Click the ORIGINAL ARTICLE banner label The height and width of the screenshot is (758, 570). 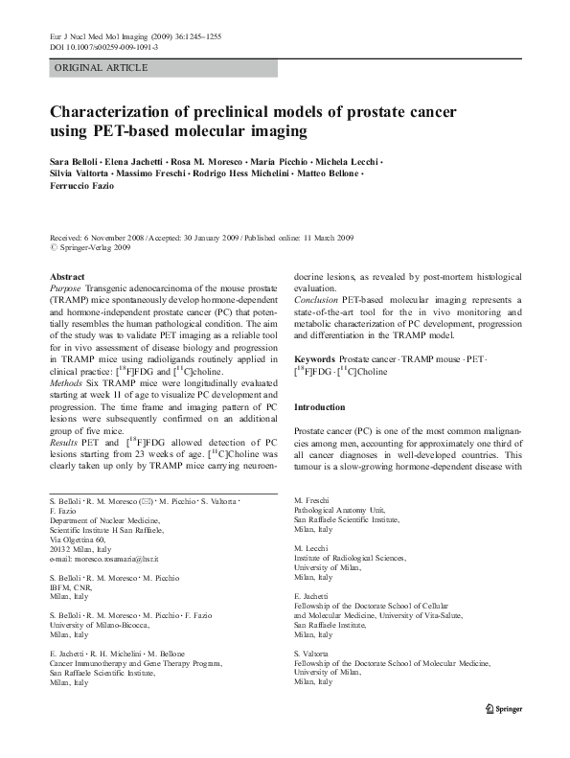pyautogui.click(x=102, y=67)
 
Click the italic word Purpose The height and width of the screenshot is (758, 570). pyautogui.click(x=65, y=287)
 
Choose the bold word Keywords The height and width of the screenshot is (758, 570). pyautogui.click(x=317, y=356)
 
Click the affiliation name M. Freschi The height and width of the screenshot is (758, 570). pyautogui.click(x=313, y=501)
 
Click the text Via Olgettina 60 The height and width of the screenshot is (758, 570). pyautogui.click(x=80, y=539)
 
